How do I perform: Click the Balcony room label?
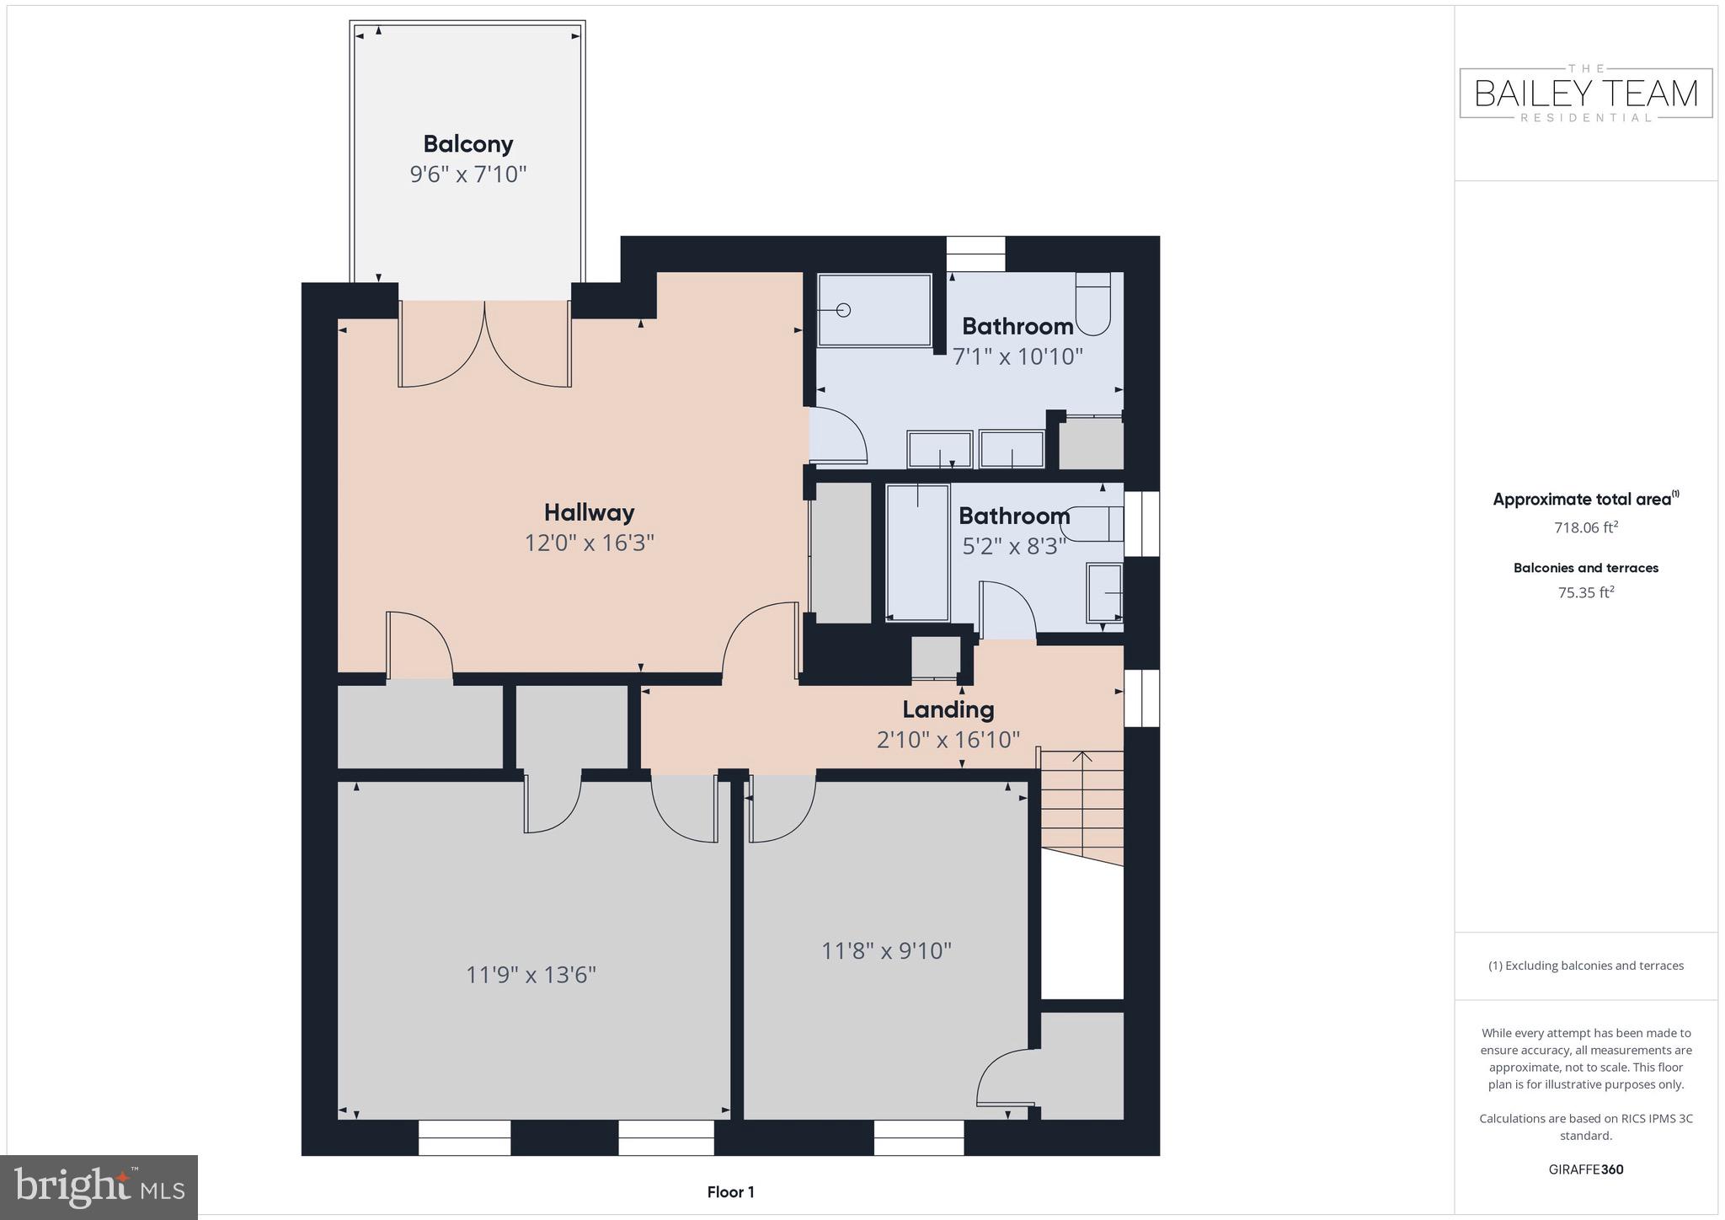pos(467,144)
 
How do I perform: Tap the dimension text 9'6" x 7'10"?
pos(467,174)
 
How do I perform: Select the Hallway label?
pos(589,512)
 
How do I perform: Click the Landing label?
pos(948,709)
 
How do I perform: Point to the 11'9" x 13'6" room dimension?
pos(531,975)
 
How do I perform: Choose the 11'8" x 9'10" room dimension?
pos(886,950)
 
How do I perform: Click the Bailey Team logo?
pos(1585,94)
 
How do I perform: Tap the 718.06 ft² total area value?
pos(1585,528)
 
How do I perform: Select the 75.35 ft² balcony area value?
pos(1585,592)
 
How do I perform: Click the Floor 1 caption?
pos(730,1192)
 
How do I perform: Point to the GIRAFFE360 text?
pos(1585,1169)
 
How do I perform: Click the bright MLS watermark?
pos(99,1187)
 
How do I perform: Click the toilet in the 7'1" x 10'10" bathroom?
pos(1092,304)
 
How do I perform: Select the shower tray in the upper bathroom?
pos(874,309)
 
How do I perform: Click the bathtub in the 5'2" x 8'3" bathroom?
pos(917,552)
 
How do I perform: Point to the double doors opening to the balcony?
pos(484,344)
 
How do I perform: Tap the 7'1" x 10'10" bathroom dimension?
pos(1017,356)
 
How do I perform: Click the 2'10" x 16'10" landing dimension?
pos(948,740)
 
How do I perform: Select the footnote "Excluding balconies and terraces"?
pos(1585,966)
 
